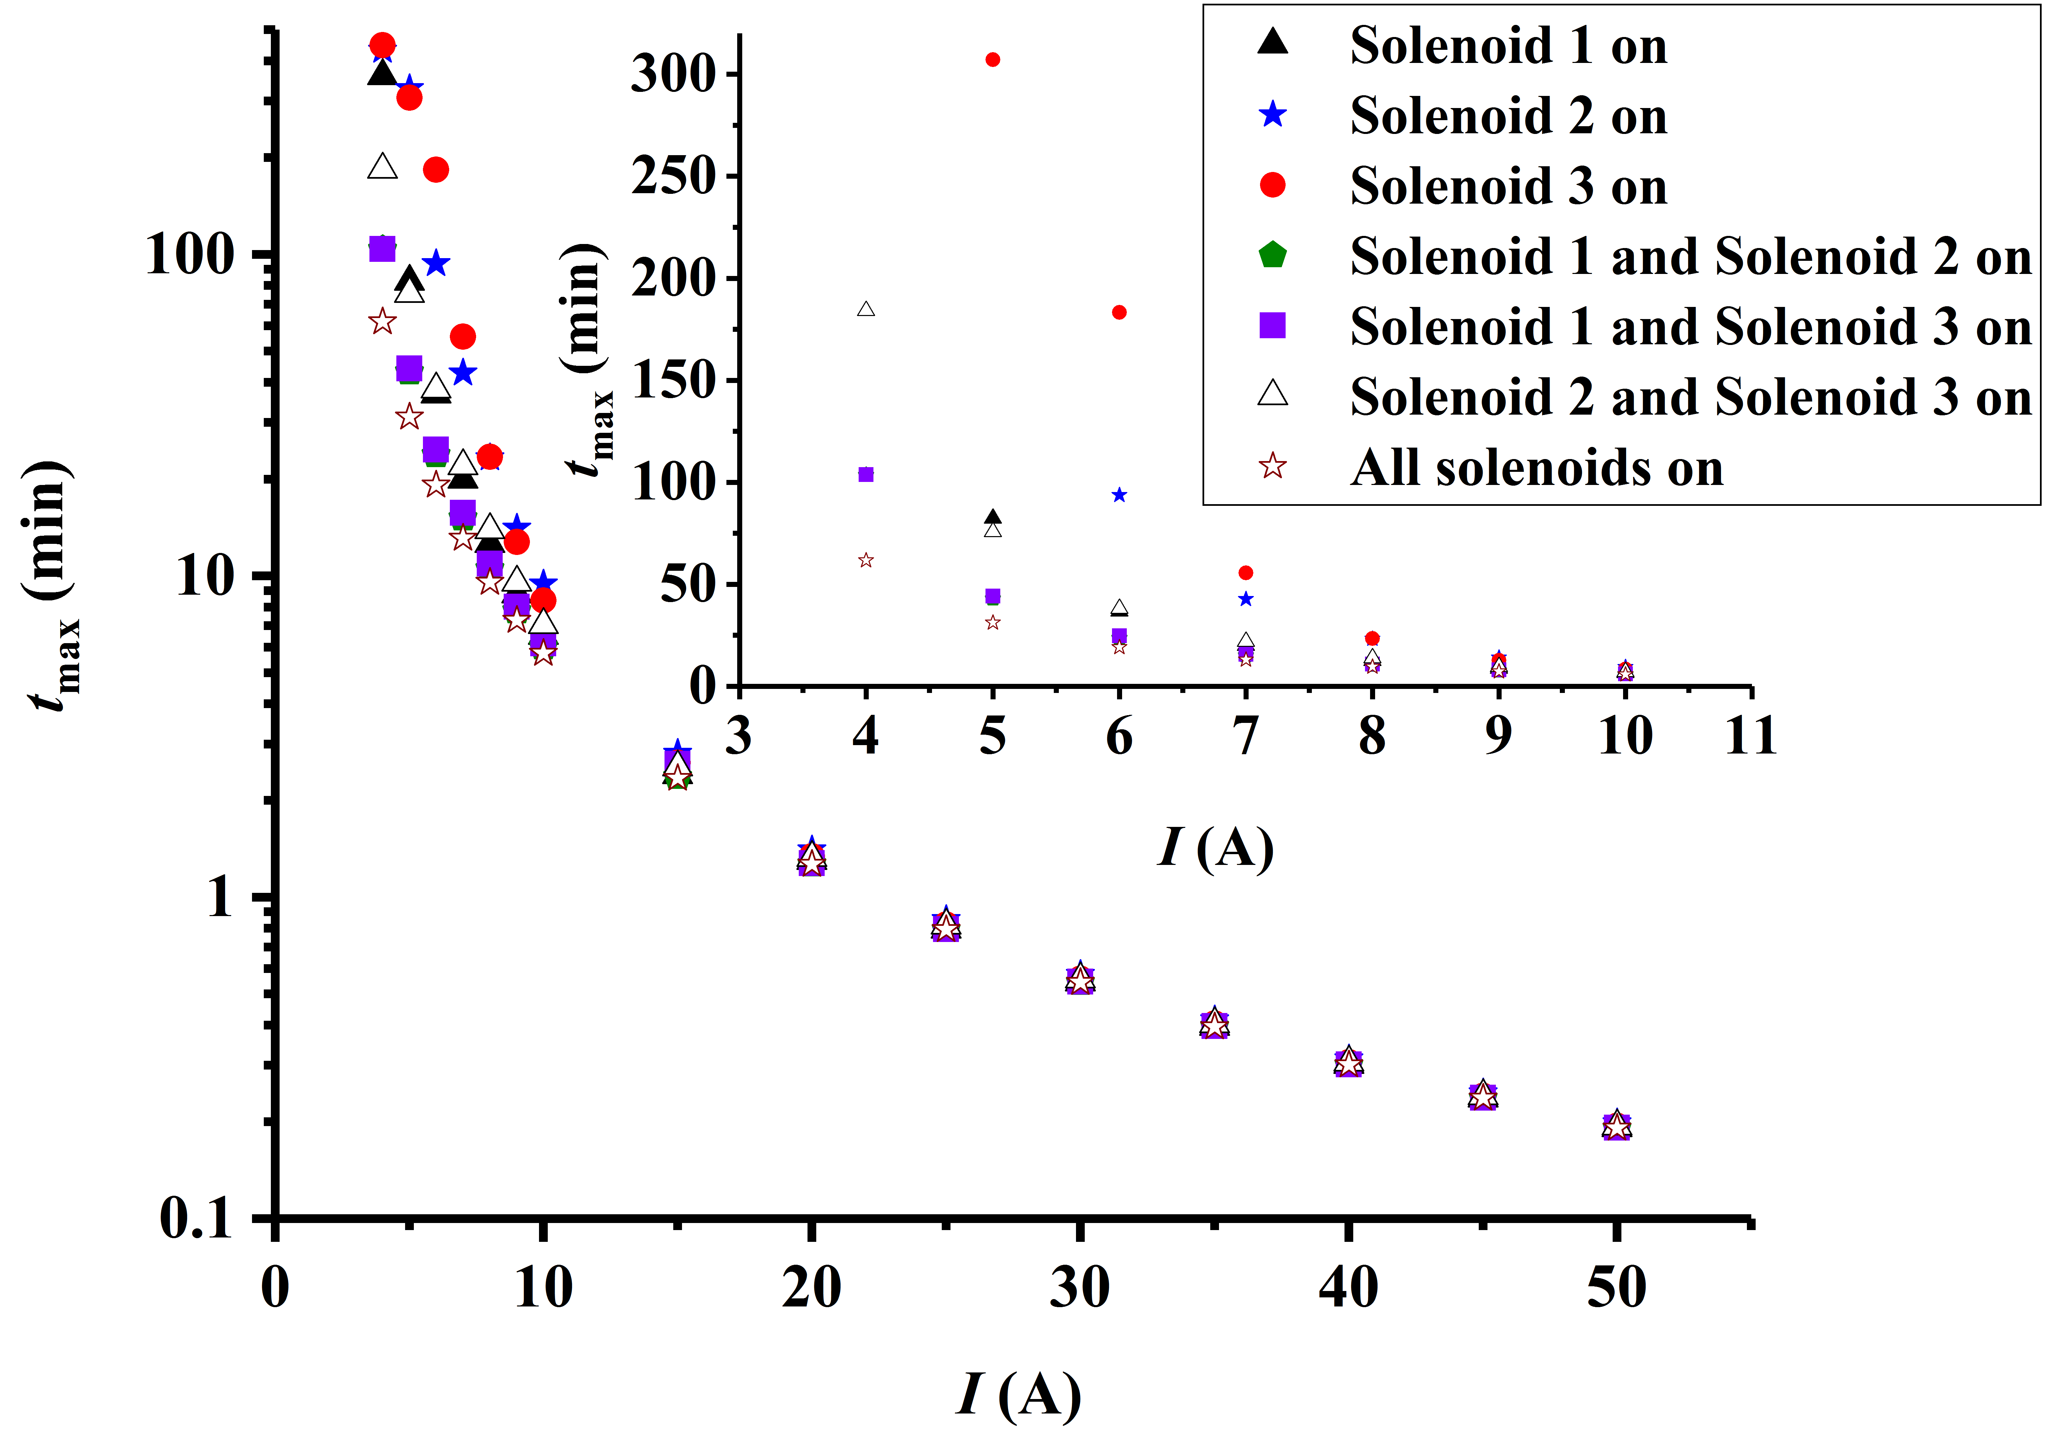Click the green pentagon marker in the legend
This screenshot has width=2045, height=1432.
[x=1273, y=256]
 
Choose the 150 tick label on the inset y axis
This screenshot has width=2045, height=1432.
[x=673, y=381]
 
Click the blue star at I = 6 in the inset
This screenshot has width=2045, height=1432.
[x=1120, y=495]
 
